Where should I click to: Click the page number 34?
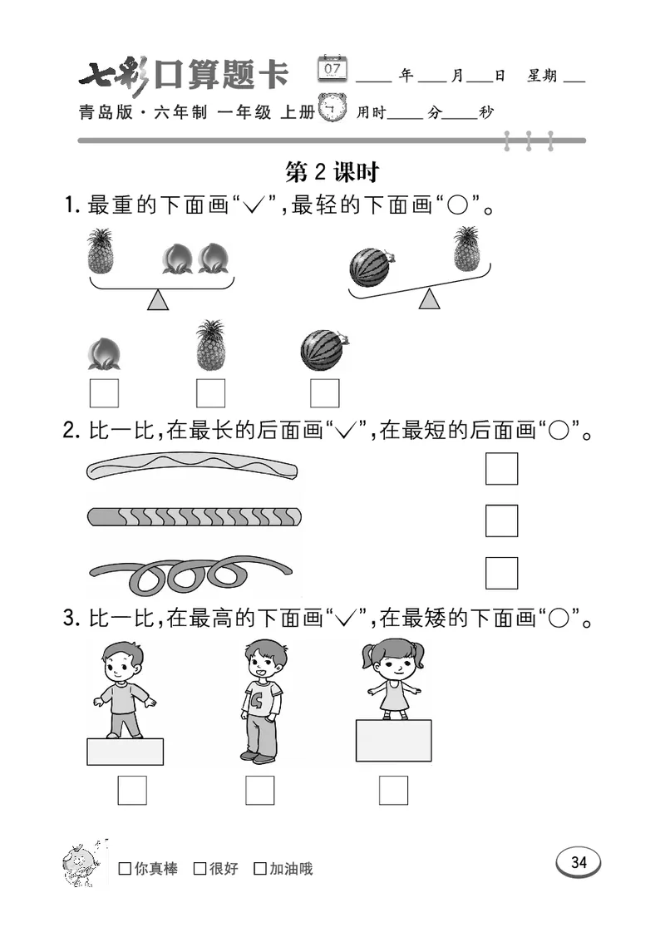(579, 862)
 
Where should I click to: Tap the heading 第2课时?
(332, 172)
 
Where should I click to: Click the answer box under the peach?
(104, 392)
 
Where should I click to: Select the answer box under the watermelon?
(324, 392)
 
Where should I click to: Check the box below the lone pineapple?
(210, 392)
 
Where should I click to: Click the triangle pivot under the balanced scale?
(158, 300)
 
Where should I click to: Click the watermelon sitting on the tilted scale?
(371, 267)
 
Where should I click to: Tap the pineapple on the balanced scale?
(101, 252)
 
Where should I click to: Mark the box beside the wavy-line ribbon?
(501, 469)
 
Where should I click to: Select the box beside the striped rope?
(501, 520)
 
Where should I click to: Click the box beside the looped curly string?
(501, 573)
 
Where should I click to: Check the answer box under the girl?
(393, 789)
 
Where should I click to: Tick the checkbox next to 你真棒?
(125, 869)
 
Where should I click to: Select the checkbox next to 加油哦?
(260, 869)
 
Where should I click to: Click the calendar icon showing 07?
(333, 68)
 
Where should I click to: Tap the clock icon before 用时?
(335, 109)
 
